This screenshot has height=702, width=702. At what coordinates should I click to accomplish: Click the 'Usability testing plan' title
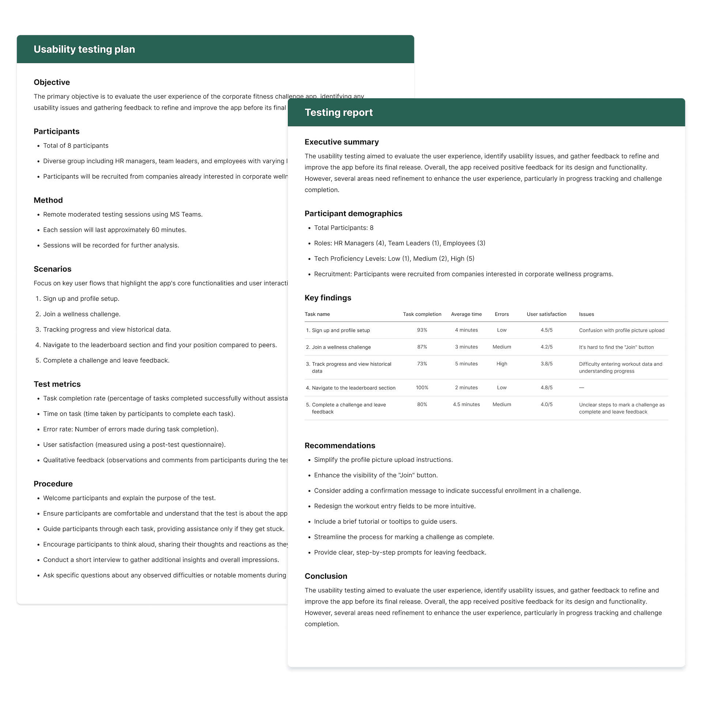click(84, 49)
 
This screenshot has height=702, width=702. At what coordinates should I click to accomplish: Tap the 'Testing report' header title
click(339, 113)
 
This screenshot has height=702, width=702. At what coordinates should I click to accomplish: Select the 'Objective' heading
click(52, 82)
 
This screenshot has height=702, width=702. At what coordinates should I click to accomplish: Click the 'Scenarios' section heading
click(52, 269)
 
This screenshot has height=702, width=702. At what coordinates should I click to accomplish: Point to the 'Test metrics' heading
click(57, 384)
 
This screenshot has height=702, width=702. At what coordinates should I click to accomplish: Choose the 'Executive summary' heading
click(341, 142)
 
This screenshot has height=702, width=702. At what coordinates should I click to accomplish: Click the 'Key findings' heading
click(328, 298)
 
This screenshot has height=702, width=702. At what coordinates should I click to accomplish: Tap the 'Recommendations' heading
click(340, 446)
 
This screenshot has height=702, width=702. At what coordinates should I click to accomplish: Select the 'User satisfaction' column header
click(546, 314)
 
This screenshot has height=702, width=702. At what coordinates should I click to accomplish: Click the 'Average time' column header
click(466, 314)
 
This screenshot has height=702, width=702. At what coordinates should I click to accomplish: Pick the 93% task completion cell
click(422, 330)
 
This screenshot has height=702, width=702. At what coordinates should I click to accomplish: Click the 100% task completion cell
click(422, 388)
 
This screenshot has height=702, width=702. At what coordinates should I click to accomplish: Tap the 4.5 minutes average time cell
click(466, 404)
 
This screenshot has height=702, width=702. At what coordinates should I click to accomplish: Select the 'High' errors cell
click(502, 364)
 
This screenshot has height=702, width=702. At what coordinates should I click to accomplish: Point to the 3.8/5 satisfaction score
click(546, 364)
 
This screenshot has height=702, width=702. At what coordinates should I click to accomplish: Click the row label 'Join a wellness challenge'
click(341, 347)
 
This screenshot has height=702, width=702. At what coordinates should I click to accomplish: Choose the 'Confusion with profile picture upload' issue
click(622, 331)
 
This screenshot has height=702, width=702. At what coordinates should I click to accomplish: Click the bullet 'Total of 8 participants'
click(76, 146)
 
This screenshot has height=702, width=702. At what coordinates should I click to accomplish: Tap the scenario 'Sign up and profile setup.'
click(81, 299)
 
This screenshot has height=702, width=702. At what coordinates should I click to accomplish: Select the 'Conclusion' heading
click(326, 576)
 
